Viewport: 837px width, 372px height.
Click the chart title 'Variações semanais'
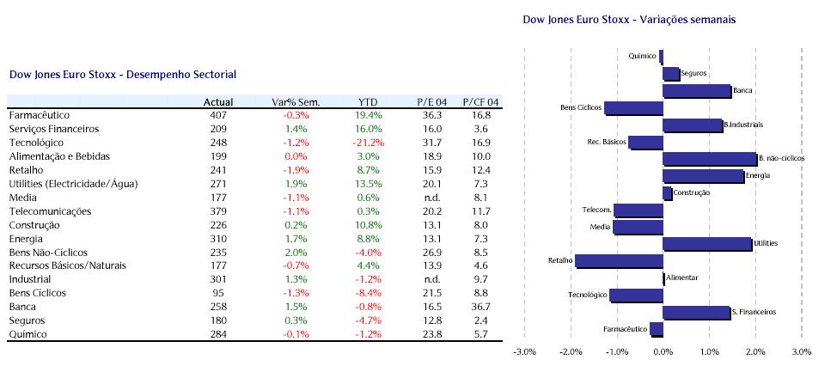(682, 19)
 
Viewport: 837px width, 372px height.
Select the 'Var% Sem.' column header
(296, 101)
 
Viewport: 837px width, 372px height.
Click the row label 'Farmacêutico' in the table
(39, 115)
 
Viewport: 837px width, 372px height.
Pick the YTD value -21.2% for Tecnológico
(368, 143)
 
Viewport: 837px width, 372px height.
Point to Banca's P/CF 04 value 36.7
(481, 307)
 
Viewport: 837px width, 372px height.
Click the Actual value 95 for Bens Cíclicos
(217, 293)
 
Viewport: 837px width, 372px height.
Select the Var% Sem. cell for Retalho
(296, 170)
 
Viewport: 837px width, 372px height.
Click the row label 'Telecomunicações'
(49, 211)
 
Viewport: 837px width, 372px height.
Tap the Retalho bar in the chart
(619, 261)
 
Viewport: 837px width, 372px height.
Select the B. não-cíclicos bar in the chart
(709, 159)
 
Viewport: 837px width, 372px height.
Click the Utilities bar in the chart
(706, 244)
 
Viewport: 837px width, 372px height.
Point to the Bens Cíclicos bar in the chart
(633, 108)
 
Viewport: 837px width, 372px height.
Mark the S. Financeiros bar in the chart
(696, 313)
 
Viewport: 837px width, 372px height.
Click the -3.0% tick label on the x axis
(524, 351)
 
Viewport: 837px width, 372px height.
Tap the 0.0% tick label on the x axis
(663, 351)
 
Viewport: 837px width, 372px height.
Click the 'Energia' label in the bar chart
(758, 176)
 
